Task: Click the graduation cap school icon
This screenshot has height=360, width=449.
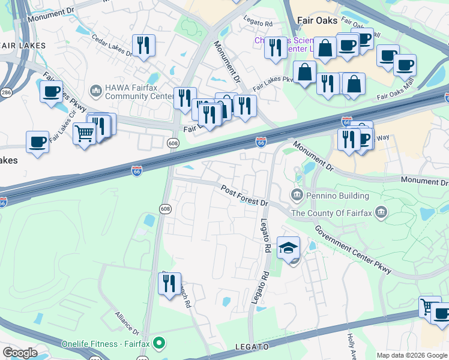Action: tap(289, 247)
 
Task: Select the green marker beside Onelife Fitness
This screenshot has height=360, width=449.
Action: tap(159, 344)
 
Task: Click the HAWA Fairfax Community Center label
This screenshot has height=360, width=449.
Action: tap(131, 91)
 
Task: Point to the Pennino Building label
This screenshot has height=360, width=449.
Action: tap(337, 196)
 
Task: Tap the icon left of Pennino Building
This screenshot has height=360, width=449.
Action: tap(297, 195)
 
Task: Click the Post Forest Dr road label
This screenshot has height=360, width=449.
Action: tap(244, 196)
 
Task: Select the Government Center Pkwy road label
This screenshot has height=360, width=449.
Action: tap(354, 250)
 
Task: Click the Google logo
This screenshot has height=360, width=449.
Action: tap(20, 353)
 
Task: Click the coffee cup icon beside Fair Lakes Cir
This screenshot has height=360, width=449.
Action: tap(52, 91)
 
